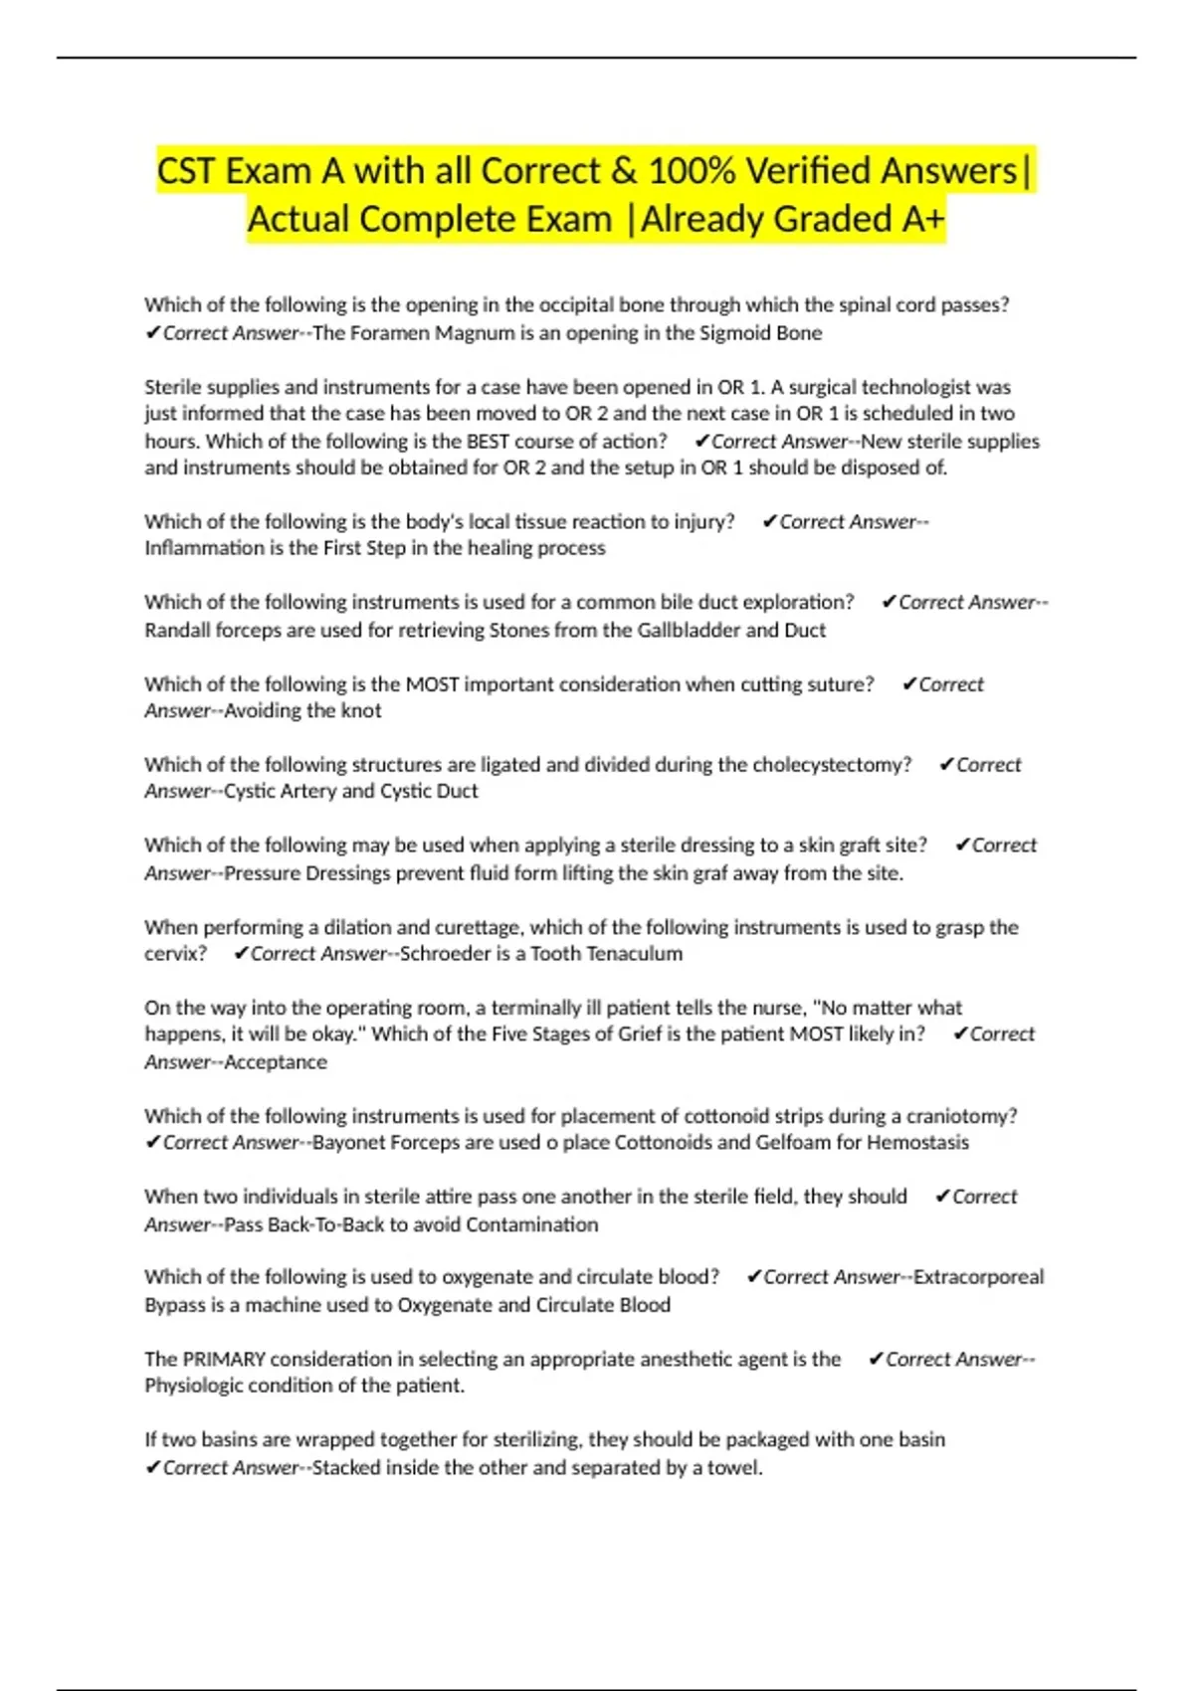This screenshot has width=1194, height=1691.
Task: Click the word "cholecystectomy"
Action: (831, 765)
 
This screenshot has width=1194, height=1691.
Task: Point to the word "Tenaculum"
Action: (636, 954)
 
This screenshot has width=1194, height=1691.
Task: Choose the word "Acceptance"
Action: (276, 1062)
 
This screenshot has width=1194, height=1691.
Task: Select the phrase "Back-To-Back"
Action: (325, 1224)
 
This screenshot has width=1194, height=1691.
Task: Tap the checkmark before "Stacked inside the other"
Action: (152, 1467)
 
